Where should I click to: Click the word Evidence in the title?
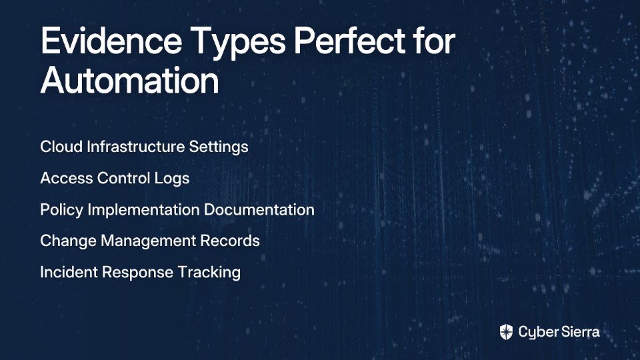pyautogui.click(x=111, y=41)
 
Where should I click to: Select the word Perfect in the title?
pyautogui.click(x=350, y=41)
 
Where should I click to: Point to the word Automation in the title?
pyautogui.click(x=130, y=80)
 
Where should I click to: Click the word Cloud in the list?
pyautogui.click(x=61, y=147)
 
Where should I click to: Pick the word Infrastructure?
pyautogui.click(x=135, y=147)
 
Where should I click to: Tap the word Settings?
pyautogui.click(x=219, y=147)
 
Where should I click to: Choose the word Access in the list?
pyautogui.click(x=67, y=178)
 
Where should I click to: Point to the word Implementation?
pyautogui.click(x=144, y=210)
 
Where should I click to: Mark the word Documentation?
pyautogui.click(x=259, y=209)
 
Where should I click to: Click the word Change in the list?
pyautogui.click(x=68, y=241)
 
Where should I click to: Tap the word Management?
pyautogui.click(x=149, y=241)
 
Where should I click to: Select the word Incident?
pyautogui.click(x=69, y=272)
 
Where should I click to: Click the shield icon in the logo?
pyautogui.click(x=506, y=332)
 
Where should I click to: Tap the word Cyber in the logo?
pyautogui.click(x=536, y=333)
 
